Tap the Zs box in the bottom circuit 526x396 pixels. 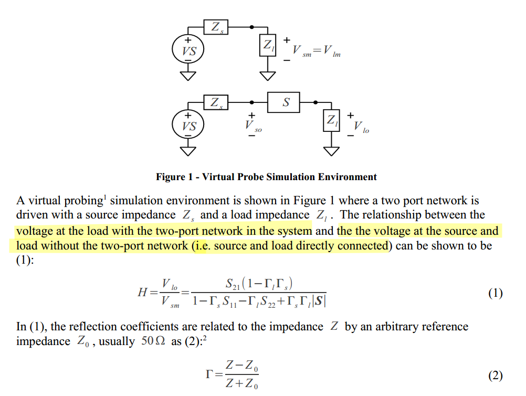pyautogui.click(x=216, y=102)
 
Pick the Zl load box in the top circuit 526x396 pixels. pyautogui.click(x=268, y=46)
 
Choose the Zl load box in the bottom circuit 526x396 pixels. pyautogui.click(x=332, y=121)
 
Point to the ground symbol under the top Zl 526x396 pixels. pyautogui.click(x=268, y=75)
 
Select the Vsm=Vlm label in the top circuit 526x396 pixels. pyautogui.click(x=317, y=51)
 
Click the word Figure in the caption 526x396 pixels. pyautogui.click(x=170, y=177)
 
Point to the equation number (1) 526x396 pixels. pyautogui.click(x=495, y=293)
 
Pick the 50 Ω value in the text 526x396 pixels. pyautogui.click(x=154, y=341)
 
